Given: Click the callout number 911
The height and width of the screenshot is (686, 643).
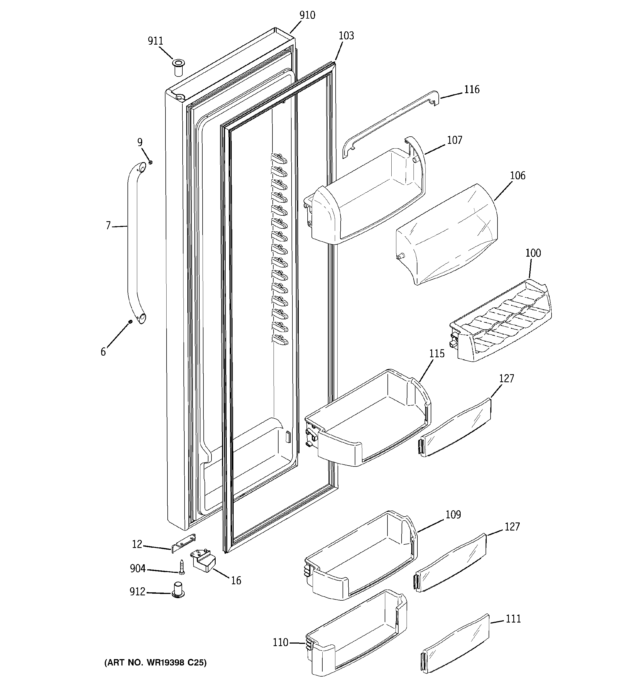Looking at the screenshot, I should click(155, 41).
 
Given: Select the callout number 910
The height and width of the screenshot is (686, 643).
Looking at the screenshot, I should click(307, 15).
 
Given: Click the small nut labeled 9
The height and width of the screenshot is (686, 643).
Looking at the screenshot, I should click(150, 162).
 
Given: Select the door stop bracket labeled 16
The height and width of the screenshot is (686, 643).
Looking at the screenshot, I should click(203, 562).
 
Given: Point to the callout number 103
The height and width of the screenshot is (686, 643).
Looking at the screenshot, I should click(346, 36).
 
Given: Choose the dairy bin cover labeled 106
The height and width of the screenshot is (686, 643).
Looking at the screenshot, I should click(447, 235).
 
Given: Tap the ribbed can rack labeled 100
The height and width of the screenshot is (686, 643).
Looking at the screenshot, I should click(501, 321).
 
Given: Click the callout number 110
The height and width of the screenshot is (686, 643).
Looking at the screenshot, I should click(280, 642).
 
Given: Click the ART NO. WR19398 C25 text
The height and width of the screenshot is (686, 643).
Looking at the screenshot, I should click(155, 662).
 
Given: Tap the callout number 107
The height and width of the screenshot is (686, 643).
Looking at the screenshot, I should click(454, 141).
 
